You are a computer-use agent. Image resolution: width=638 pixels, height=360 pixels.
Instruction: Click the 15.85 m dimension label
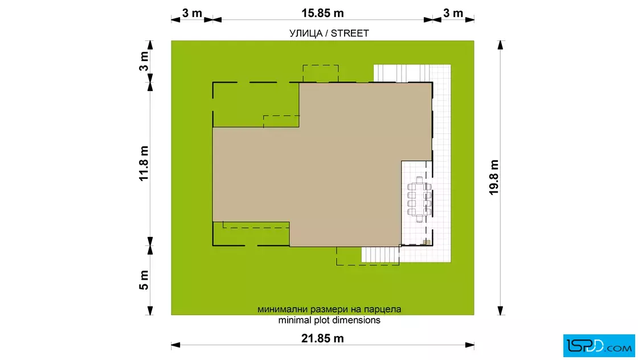(x=322, y=13)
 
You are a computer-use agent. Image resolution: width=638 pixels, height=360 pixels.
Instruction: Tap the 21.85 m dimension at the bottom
(x=322, y=338)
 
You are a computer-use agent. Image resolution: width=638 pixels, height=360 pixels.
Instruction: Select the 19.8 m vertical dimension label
(x=494, y=177)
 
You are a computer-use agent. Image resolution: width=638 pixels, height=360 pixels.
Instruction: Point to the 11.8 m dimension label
(x=144, y=163)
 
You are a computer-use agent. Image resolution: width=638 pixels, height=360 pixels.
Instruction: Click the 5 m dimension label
(x=144, y=280)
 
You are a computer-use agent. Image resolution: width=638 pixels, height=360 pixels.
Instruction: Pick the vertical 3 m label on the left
(x=144, y=62)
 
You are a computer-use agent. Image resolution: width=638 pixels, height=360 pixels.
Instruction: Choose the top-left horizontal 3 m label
(x=192, y=13)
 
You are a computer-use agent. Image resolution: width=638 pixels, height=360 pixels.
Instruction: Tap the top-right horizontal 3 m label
(x=453, y=13)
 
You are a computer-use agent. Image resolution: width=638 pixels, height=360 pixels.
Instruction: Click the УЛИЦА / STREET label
(x=329, y=34)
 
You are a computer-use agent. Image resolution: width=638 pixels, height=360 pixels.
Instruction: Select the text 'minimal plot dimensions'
(x=329, y=320)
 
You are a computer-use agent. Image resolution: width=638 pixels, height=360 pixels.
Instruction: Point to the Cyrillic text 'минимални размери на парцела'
(x=329, y=309)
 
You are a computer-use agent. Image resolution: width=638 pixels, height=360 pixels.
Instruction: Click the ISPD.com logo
(x=599, y=346)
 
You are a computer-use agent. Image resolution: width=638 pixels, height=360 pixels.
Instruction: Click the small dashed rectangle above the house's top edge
(x=321, y=73)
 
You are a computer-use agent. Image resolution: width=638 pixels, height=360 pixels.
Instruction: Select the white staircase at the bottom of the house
(x=381, y=255)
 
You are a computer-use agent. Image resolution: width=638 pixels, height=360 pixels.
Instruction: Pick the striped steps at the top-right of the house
(x=402, y=73)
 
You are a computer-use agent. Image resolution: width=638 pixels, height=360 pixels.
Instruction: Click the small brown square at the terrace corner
(x=427, y=243)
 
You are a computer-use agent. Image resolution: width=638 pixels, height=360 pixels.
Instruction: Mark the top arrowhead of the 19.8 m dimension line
(x=501, y=45)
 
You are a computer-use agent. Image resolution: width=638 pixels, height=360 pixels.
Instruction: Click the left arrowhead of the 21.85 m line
(x=175, y=345)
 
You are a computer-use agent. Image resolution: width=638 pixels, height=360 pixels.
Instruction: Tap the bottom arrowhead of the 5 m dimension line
(x=150, y=311)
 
